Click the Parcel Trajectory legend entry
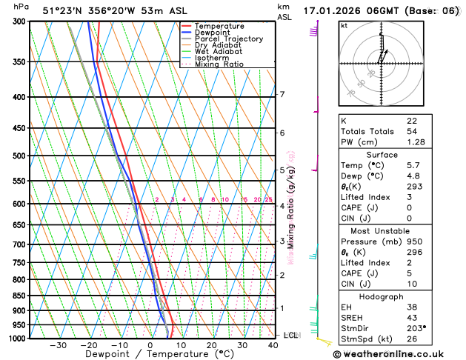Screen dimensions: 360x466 click(x=228, y=39)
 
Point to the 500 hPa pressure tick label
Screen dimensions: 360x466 click(x=19, y=156)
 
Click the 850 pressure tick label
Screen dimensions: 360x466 click(x=19, y=296)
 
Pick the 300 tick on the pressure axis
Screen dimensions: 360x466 click(x=19, y=21)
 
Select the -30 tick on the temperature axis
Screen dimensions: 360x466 click(x=58, y=345)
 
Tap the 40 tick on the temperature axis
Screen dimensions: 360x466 click(x=273, y=345)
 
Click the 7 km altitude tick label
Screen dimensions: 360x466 click(x=282, y=95)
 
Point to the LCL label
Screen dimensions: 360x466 click(x=290, y=336)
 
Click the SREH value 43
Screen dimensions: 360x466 click(x=412, y=317)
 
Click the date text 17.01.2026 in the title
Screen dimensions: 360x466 click(x=333, y=10)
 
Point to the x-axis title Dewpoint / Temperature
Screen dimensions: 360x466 click(x=150, y=354)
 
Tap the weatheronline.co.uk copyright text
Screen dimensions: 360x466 click(x=400, y=354)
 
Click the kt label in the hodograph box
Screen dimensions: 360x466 click(x=344, y=26)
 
